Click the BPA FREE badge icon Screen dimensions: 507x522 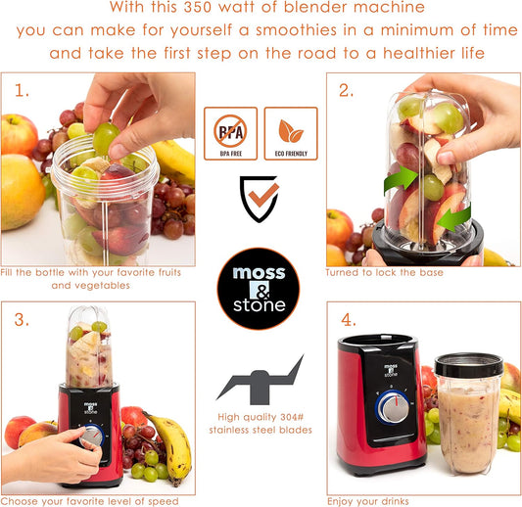pos(230,134)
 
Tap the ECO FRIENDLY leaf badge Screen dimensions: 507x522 pos(291,134)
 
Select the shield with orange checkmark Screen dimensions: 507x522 pos(261,198)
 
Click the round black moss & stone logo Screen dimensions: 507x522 pos(260,288)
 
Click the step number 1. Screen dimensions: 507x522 pos(22,91)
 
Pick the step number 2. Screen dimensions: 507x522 pos(346,91)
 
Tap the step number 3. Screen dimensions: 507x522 pos(22,320)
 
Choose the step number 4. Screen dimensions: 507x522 pos(347,319)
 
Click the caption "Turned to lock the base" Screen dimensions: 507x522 pos(384,273)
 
